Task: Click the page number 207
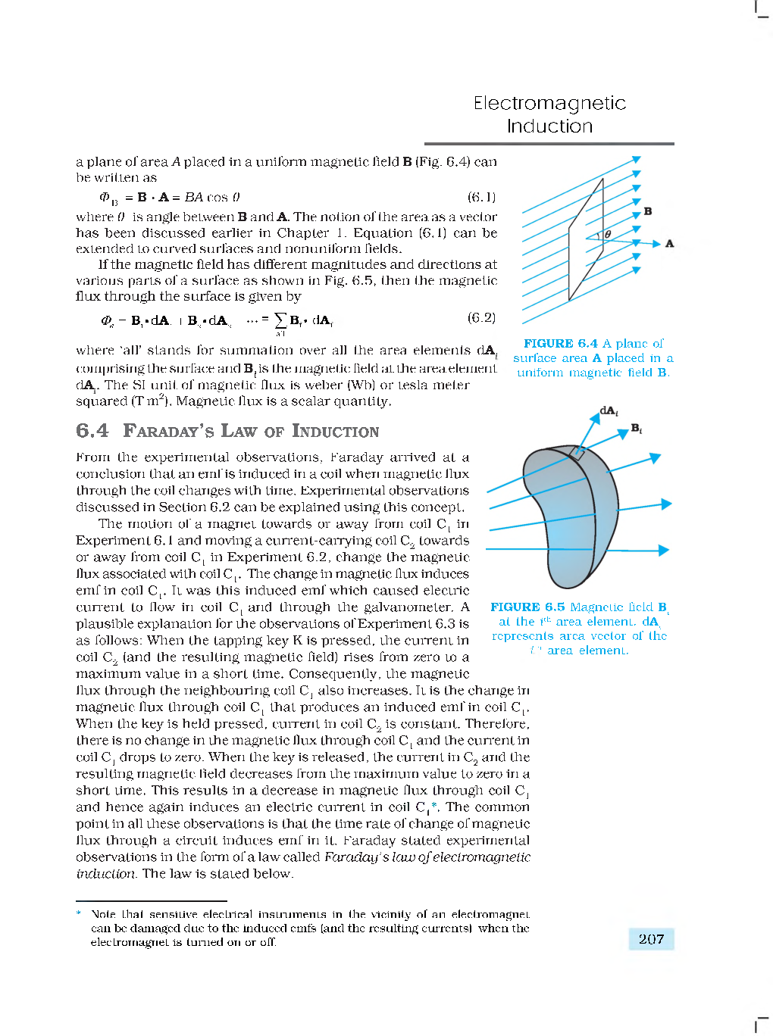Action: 651,939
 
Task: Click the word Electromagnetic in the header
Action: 549,103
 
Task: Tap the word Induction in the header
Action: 549,126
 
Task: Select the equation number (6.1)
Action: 481,198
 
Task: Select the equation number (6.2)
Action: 481,318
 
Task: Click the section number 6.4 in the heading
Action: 92,431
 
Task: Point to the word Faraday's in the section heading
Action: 169,431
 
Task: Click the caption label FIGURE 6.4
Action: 560,344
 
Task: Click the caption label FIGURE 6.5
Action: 527,607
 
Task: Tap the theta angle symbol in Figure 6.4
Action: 608,235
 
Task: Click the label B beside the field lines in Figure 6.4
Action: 647,211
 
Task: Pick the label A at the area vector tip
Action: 669,244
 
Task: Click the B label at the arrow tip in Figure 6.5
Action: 637,429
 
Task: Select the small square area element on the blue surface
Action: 577,453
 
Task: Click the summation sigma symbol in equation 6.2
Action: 280,320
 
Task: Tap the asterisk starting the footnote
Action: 79,914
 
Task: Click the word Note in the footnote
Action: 104,915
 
